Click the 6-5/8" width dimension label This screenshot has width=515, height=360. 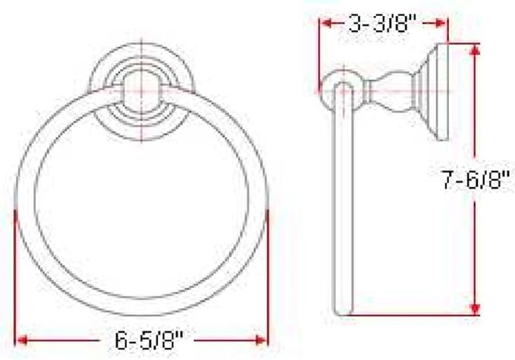click(149, 340)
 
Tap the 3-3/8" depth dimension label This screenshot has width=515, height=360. click(382, 23)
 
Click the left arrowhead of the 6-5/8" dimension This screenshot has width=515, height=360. click(22, 340)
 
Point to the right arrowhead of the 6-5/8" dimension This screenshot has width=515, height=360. click(262, 340)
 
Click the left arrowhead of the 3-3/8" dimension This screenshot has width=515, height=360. click(326, 23)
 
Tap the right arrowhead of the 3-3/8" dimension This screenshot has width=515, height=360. click(441, 23)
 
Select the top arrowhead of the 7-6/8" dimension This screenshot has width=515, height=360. click(475, 49)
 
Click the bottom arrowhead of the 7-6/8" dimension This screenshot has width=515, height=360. click(475, 309)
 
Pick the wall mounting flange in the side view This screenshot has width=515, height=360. click(434, 92)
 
